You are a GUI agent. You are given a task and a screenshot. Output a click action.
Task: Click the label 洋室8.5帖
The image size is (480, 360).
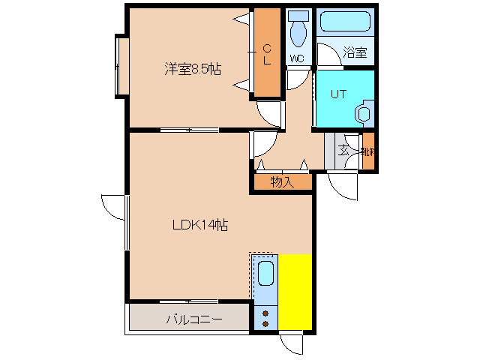tap(193, 70)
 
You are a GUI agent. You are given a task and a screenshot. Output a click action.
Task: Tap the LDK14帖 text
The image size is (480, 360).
tap(200, 224)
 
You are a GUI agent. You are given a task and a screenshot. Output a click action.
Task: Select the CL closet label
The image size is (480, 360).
tap(266, 54)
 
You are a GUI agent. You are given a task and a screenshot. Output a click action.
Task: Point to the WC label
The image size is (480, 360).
tap(296, 58)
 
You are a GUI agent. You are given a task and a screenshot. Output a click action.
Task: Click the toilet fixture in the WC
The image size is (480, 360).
tap(298, 29)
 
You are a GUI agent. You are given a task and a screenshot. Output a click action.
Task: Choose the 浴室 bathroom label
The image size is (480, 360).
tap(354, 52)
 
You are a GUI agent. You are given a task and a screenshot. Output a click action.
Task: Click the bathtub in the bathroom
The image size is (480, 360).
tap(344, 22)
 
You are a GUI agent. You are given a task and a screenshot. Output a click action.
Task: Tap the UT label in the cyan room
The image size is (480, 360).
tap(338, 94)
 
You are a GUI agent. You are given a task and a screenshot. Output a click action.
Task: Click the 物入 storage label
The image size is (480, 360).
tap(281, 181)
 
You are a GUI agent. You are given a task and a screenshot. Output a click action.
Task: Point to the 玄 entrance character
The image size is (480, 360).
tap(343, 150)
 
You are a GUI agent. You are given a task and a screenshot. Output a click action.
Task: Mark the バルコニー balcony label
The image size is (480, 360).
tap(193, 319)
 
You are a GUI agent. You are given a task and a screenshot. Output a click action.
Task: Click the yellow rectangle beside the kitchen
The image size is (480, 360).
tap(295, 291)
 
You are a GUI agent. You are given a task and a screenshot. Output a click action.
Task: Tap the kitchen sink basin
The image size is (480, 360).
tap(265, 274)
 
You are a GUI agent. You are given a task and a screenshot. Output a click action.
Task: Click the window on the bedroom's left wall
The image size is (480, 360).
tap(120, 65)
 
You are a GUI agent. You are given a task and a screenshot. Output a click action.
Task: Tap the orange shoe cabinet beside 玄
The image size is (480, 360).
tap(368, 151)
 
